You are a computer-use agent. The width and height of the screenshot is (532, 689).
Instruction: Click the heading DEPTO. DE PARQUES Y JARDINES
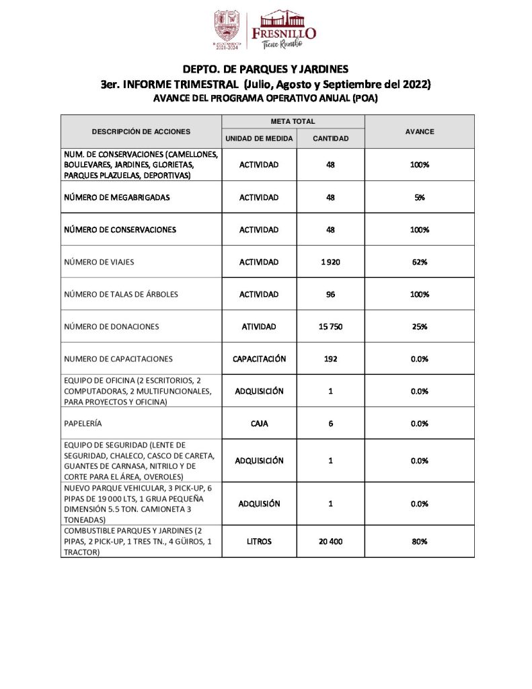tap(266, 69)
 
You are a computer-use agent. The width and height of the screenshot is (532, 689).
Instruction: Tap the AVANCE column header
tap(420, 132)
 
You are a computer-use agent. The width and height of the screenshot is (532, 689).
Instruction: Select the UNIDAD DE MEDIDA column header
tap(259, 139)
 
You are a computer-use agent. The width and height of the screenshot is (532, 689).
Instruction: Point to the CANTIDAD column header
tap(331, 139)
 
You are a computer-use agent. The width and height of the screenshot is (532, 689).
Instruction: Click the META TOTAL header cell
tap(293, 122)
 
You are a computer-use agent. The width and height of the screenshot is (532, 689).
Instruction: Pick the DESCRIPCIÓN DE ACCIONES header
tap(141, 132)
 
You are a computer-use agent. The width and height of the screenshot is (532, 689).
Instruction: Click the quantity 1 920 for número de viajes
tap(331, 262)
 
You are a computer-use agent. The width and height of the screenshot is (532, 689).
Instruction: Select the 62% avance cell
tap(420, 262)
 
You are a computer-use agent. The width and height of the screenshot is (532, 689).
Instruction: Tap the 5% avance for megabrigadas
tap(420, 198)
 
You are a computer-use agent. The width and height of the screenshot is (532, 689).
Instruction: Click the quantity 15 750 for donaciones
tap(331, 326)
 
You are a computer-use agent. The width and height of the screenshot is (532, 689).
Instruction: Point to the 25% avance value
tap(420, 326)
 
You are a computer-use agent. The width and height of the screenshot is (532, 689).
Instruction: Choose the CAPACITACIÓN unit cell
tap(259, 359)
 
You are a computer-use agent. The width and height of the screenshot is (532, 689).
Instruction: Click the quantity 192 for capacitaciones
tap(331, 359)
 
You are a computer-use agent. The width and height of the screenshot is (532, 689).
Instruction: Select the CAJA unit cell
tap(259, 423)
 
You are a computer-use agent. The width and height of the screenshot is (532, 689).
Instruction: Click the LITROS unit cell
tap(259, 541)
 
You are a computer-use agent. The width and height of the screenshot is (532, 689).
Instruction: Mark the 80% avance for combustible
tap(420, 541)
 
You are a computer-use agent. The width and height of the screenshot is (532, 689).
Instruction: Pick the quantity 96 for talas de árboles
tap(331, 294)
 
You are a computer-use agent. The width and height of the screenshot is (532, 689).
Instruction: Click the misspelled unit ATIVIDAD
tap(259, 326)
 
